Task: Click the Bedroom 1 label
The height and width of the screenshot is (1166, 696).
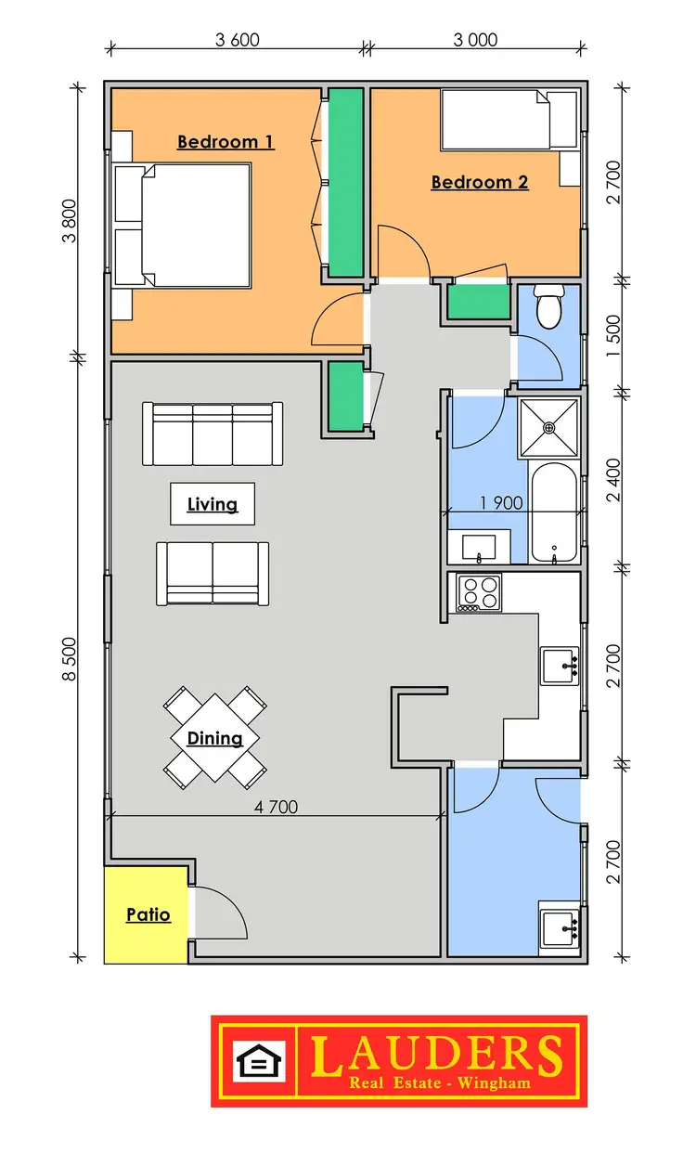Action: (226, 142)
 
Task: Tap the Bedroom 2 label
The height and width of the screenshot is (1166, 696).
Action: (479, 182)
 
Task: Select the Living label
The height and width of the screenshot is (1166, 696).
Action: (213, 504)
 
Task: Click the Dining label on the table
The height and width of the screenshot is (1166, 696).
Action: (214, 739)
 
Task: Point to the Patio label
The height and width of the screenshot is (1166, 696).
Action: (148, 914)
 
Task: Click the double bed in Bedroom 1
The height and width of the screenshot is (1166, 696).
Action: (195, 224)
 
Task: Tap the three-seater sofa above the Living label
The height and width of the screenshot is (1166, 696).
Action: (213, 434)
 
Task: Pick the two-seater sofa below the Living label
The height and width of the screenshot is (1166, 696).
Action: (213, 573)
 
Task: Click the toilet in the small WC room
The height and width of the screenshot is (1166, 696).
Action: (549, 308)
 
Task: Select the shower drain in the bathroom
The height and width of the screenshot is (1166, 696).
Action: (548, 428)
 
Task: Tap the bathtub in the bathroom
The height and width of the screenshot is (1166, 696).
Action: (555, 513)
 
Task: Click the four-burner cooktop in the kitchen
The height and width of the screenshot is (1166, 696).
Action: (479, 592)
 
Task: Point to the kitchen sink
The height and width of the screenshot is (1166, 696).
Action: (560, 666)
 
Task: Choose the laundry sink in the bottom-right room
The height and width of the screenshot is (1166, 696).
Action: (560, 926)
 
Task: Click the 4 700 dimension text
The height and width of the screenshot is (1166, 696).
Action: (276, 807)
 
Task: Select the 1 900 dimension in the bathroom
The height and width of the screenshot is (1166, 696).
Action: (501, 503)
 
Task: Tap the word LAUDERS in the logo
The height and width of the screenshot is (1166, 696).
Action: (436, 1054)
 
